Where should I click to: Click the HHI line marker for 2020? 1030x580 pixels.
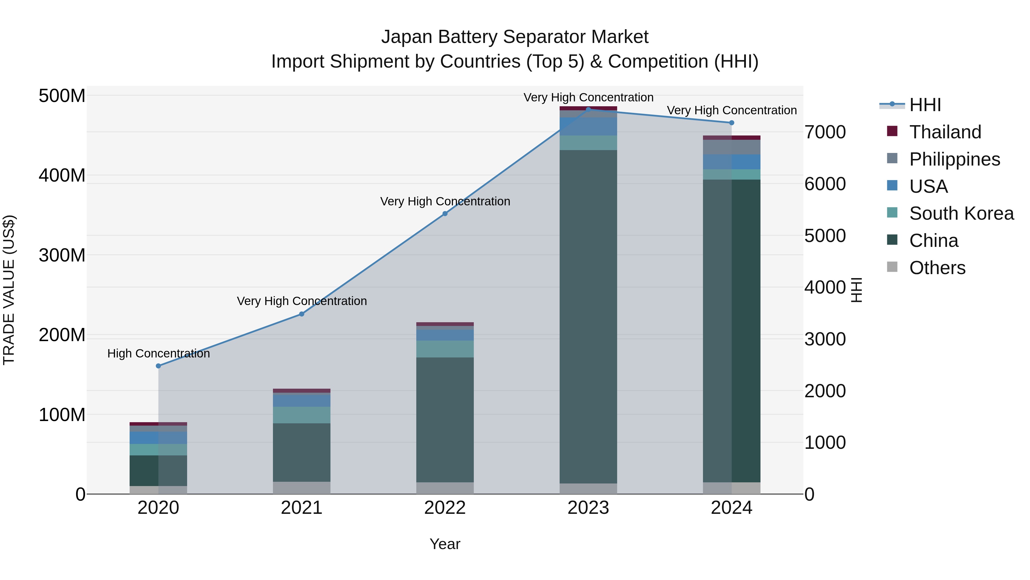point(158,366)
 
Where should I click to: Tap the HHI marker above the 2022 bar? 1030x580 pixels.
point(445,214)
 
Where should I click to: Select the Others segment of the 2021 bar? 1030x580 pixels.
point(302,487)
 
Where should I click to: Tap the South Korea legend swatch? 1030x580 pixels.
point(892,213)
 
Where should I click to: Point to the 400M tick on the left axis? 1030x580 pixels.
point(62,175)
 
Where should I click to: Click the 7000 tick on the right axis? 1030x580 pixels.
point(825,132)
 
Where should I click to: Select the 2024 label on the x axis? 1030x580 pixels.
point(731,508)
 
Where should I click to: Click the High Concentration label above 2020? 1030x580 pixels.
point(158,353)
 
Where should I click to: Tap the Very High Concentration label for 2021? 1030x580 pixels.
point(302,301)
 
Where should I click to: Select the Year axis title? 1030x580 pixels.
point(445,544)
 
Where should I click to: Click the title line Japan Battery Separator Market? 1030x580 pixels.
point(515,37)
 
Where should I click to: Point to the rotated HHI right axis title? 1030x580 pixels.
point(856,290)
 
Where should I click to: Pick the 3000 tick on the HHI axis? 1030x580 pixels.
point(825,339)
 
